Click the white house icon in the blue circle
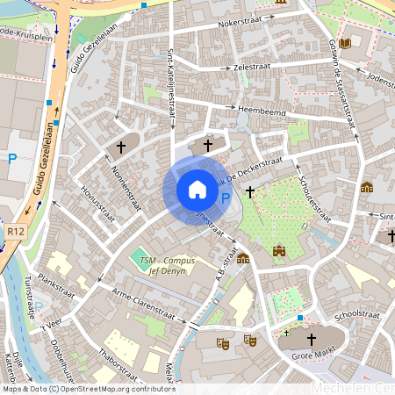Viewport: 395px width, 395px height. coord(197,190)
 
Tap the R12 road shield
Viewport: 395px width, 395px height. coord(13,231)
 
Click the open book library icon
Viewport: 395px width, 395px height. coord(344,43)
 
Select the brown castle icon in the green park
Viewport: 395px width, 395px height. coord(280,250)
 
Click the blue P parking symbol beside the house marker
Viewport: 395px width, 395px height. coord(225,199)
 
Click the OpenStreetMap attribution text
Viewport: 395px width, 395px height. coord(88,389)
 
